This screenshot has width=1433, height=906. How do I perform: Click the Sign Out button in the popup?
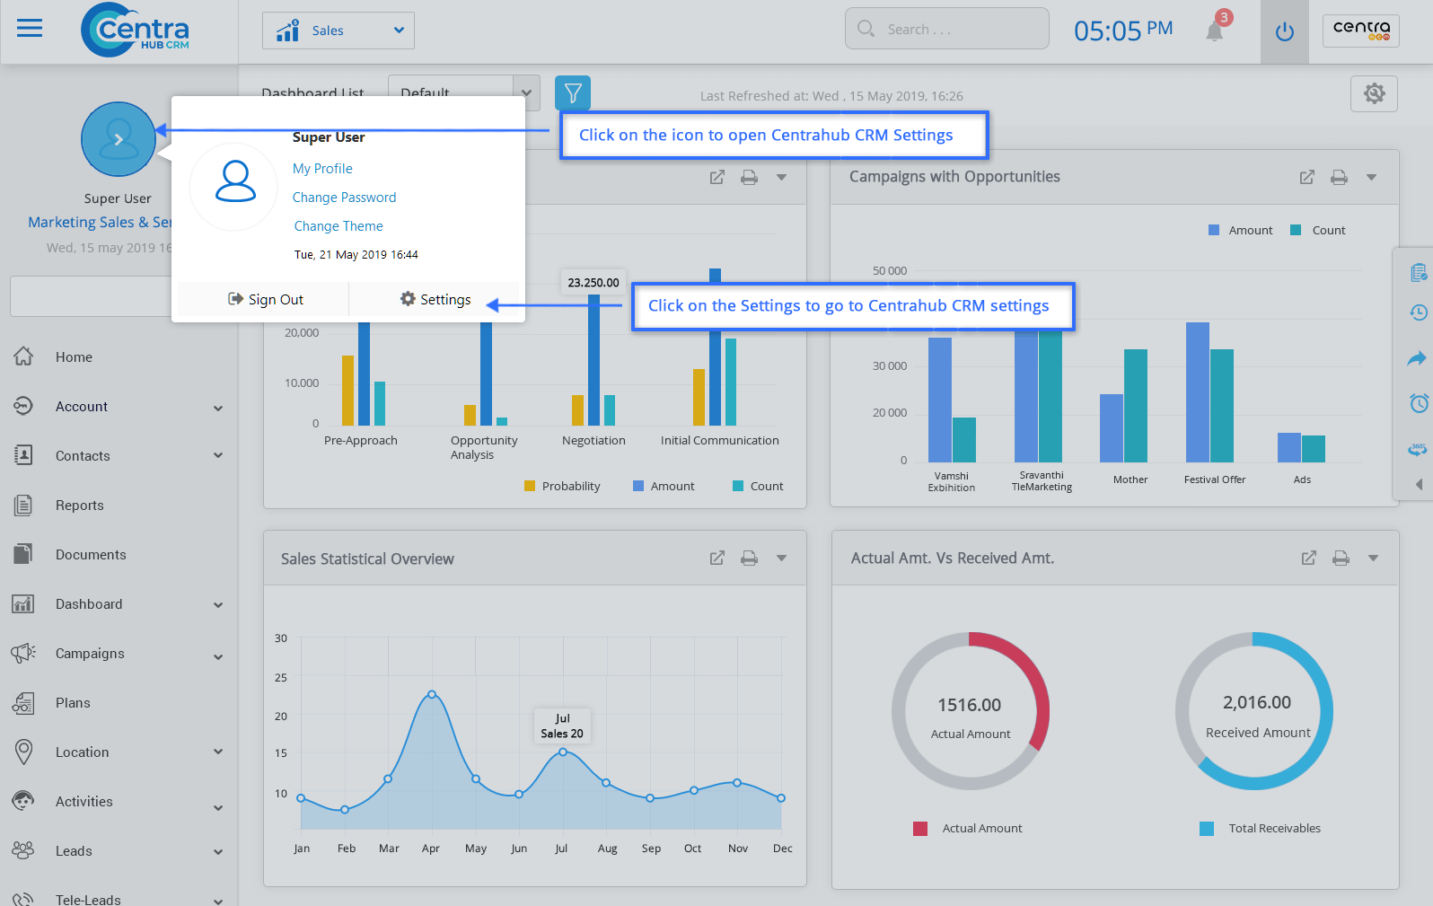click(266, 299)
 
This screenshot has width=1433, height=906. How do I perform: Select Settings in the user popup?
click(435, 299)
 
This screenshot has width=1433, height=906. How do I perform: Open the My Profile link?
click(322, 169)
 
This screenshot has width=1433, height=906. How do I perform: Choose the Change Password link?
click(344, 198)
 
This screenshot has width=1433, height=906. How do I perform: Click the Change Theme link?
click(338, 226)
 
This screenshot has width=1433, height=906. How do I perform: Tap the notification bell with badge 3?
click(1215, 31)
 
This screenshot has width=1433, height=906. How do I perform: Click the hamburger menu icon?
click(30, 29)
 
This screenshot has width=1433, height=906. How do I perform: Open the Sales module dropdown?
click(338, 31)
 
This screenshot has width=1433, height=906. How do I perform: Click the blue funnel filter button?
click(573, 92)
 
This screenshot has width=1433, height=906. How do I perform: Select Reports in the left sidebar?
click(79, 506)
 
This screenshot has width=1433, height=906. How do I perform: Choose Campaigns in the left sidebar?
click(90, 654)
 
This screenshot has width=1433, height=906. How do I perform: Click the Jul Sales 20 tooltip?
click(562, 726)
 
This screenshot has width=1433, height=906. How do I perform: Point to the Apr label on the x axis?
click(431, 849)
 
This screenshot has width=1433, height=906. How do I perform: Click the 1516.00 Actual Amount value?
click(970, 706)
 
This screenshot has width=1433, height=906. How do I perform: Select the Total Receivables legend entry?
click(1273, 829)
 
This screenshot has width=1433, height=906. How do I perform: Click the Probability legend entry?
click(570, 487)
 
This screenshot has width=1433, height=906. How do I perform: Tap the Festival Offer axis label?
click(1214, 479)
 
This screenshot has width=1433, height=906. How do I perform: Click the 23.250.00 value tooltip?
click(593, 283)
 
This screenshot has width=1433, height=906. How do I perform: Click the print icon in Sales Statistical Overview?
click(749, 559)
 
